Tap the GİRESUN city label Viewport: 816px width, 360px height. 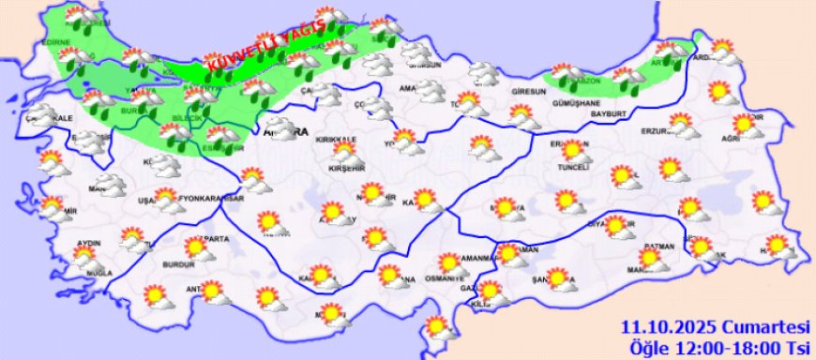pyautogui.click(x=528, y=92)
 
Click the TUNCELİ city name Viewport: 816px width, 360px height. pyautogui.click(x=574, y=167)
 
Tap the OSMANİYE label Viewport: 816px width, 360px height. pyautogui.click(x=446, y=276)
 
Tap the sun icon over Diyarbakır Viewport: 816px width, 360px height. pyautogui.click(x=614, y=224)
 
